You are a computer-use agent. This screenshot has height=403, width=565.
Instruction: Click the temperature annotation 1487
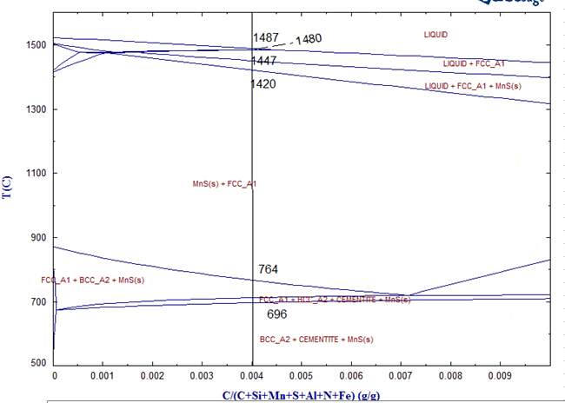(266, 37)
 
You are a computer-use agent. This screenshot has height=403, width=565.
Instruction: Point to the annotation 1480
(309, 39)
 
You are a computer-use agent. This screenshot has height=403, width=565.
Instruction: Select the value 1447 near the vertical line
(264, 61)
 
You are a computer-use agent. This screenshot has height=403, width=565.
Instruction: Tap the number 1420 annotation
(263, 84)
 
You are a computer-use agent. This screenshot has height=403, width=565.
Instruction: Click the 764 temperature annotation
(268, 270)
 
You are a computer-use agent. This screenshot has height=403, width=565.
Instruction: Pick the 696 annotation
(276, 314)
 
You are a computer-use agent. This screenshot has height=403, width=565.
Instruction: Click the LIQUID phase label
(440, 34)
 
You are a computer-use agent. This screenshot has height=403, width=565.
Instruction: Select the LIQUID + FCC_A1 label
(474, 64)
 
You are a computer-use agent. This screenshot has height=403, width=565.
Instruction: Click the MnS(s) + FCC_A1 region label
(224, 184)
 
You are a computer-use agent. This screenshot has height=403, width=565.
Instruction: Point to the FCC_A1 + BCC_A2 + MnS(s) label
(92, 280)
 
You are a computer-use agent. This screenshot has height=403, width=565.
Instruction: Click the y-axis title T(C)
(8, 185)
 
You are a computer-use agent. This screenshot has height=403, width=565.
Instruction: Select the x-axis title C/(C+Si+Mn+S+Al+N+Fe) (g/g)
(301, 395)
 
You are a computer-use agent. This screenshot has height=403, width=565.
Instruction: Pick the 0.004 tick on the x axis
(252, 377)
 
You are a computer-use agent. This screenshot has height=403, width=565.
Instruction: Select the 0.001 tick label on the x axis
(103, 377)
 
